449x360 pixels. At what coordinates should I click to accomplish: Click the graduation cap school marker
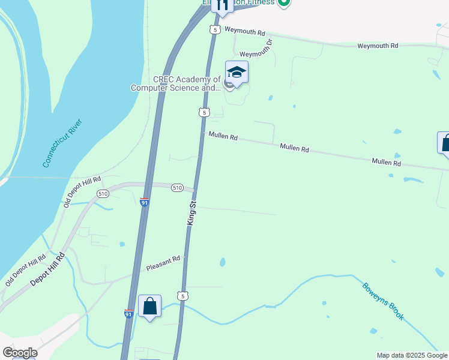coord(237,73)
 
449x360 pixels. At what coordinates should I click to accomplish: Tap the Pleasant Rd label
coord(163,263)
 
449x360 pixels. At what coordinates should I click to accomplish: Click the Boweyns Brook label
coord(383,301)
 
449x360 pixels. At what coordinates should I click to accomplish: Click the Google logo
coord(20,353)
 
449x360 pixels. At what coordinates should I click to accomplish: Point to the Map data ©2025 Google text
coord(412,355)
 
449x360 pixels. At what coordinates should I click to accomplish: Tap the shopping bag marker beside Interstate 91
coord(149,307)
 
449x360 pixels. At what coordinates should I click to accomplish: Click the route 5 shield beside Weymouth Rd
coord(215,29)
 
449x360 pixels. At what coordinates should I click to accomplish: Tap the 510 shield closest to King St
coord(176,188)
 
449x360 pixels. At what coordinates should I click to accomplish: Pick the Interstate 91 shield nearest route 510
coord(144,202)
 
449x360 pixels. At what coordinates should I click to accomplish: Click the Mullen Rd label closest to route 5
coord(223,137)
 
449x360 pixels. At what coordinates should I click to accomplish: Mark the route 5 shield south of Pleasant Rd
coord(183,296)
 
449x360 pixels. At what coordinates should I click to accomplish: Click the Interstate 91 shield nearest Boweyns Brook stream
coord(128,313)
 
